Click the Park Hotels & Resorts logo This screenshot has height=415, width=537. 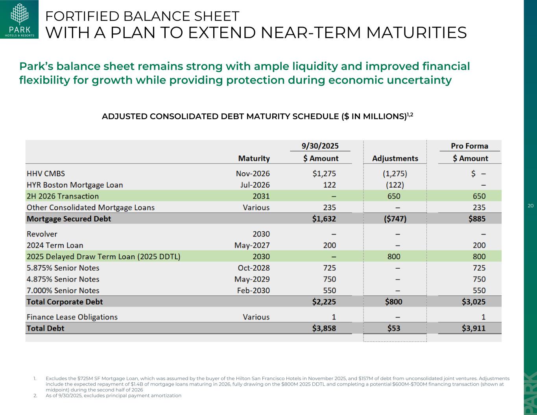click(x=19, y=20)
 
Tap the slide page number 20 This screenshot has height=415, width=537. click(x=530, y=206)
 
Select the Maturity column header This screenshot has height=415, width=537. click(x=254, y=159)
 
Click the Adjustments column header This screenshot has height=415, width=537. click(x=395, y=159)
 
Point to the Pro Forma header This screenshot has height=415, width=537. click(x=469, y=146)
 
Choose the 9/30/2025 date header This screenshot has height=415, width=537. click(x=320, y=146)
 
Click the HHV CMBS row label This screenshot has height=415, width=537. click(x=46, y=173)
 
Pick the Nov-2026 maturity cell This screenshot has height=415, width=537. click(x=253, y=173)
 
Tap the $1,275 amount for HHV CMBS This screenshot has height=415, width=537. click(x=324, y=173)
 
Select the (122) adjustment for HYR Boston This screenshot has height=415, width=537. click(x=395, y=185)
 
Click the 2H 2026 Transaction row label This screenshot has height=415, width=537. click(x=63, y=196)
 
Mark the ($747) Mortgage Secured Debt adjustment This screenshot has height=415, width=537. click(x=395, y=219)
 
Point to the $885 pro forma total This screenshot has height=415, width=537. click(x=477, y=219)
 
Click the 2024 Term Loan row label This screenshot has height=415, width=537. click(x=55, y=245)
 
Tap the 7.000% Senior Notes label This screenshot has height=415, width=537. click(x=63, y=291)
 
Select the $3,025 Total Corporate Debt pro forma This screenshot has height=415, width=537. click(x=474, y=302)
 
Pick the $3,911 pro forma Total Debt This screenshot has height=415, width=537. click(x=474, y=328)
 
